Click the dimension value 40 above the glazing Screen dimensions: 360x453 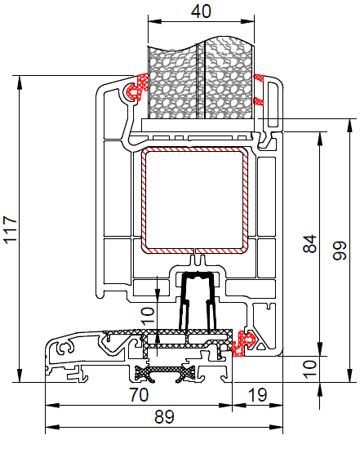pyautogui.click(x=201, y=11)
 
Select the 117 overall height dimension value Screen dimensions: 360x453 pyautogui.click(x=11, y=229)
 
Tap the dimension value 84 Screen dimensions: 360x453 pyautogui.click(x=310, y=243)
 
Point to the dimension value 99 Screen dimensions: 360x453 pyautogui.click(x=340, y=251)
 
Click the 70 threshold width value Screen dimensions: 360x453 pyautogui.click(x=139, y=395)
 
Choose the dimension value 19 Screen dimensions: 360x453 pyautogui.click(x=257, y=395)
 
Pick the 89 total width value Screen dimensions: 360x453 pyautogui.click(x=164, y=417)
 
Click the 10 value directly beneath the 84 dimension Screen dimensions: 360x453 pyautogui.click(x=310, y=369)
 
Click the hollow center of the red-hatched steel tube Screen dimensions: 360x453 pyautogui.click(x=195, y=200)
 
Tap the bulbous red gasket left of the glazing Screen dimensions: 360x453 pyautogui.click(x=136, y=87)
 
